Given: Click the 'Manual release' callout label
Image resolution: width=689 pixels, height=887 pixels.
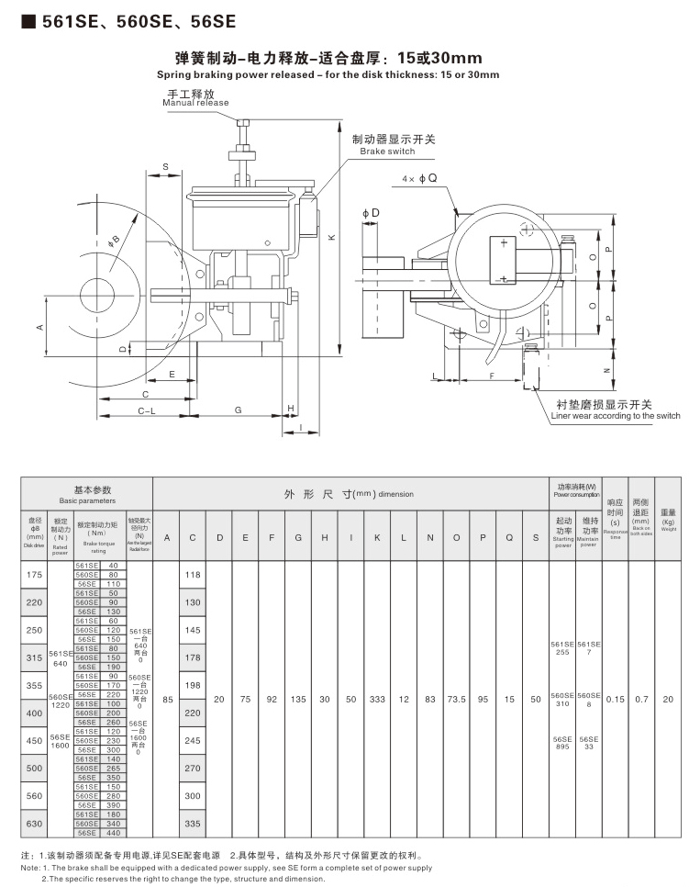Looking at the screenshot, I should click(196, 103).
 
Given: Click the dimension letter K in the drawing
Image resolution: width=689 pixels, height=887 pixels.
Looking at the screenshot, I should click(332, 237).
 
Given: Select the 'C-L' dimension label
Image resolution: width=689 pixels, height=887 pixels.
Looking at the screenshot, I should click(146, 411).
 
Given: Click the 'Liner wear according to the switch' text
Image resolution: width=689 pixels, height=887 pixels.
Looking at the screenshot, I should click(615, 416).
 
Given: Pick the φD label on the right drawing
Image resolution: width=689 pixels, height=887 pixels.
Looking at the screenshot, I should click(370, 213).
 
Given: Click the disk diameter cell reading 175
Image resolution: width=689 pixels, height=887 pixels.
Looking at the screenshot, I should click(35, 574).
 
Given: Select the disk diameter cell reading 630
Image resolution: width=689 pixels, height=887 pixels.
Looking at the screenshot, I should click(35, 824).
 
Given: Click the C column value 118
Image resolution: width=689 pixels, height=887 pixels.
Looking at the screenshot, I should click(193, 574).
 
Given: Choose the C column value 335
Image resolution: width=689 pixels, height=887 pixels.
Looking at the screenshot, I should click(193, 824).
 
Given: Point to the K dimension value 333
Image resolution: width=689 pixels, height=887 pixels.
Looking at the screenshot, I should click(377, 699).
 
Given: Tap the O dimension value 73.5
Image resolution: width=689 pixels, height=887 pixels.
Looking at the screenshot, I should click(456, 699).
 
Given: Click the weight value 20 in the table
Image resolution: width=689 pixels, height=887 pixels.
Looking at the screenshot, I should click(668, 699).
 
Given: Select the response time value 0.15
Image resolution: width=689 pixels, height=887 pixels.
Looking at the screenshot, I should click(616, 699).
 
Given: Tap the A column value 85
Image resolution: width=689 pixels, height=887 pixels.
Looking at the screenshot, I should click(166, 699).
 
